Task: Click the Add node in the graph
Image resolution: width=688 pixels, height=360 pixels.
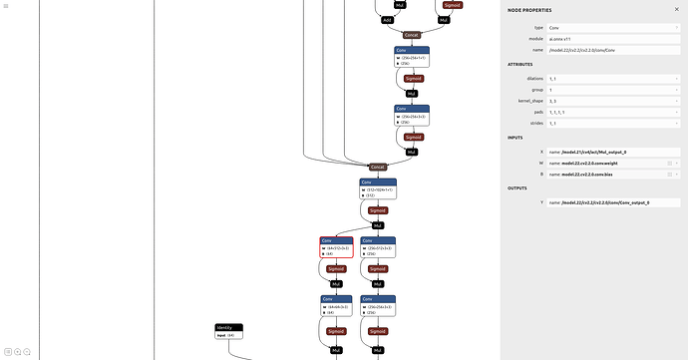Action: (388, 19)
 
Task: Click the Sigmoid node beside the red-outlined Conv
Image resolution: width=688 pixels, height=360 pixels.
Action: (336, 269)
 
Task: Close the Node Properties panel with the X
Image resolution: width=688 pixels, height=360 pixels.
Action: (676, 9)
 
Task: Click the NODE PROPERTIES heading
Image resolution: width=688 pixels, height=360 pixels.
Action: (528, 9)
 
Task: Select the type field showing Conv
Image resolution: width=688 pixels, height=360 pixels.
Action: (612, 27)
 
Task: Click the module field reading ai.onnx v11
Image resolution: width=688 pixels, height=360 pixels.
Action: (612, 38)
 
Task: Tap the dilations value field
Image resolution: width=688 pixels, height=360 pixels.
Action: (612, 79)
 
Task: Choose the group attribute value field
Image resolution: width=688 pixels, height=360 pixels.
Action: (612, 90)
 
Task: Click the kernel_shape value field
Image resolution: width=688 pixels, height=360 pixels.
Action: (612, 101)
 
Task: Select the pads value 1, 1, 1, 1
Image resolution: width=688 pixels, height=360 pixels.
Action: (612, 112)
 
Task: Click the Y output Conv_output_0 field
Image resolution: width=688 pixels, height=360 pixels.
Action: (612, 202)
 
